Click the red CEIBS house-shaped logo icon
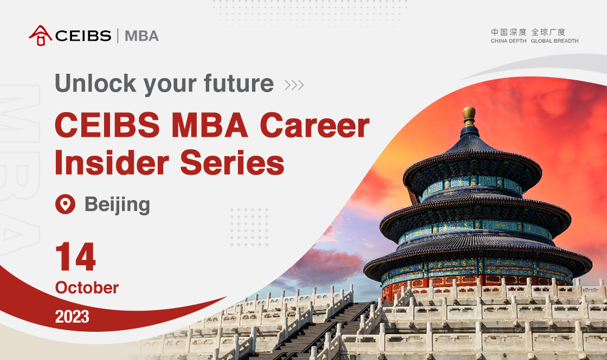(x=40, y=36)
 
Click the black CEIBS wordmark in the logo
(x=83, y=36)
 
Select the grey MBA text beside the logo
(x=141, y=36)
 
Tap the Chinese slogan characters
(x=528, y=32)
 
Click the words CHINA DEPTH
(x=509, y=41)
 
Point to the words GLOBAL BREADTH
(x=555, y=41)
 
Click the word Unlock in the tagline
(x=95, y=83)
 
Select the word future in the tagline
(x=238, y=83)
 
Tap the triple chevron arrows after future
(x=294, y=85)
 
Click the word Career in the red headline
(x=315, y=125)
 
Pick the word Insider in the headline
(x=112, y=163)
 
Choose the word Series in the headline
(x=233, y=163)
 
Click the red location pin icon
(x=65, y=204)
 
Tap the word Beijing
(x=117, y=205)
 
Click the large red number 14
(x=75, y=256)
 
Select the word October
(x=87, y=287)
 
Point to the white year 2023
(x=72, y=317)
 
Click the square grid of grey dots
(x=249, y=227)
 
